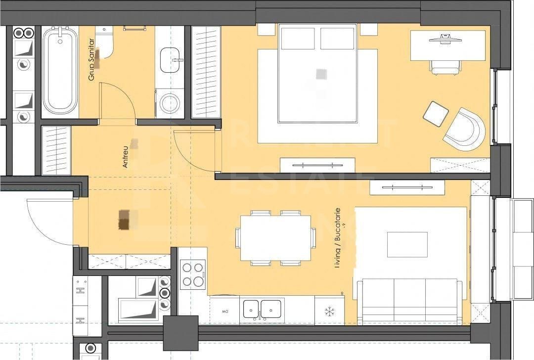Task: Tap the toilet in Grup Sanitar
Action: (105, 43)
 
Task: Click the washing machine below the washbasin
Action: (170, 103)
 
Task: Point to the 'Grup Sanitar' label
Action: (91, 65)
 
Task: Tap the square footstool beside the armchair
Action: (436, 114)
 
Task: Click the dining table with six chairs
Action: (275, 238)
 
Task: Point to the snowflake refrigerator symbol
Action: (329, 312)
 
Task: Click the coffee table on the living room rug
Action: (407, 244)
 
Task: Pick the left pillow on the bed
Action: (298, 39)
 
